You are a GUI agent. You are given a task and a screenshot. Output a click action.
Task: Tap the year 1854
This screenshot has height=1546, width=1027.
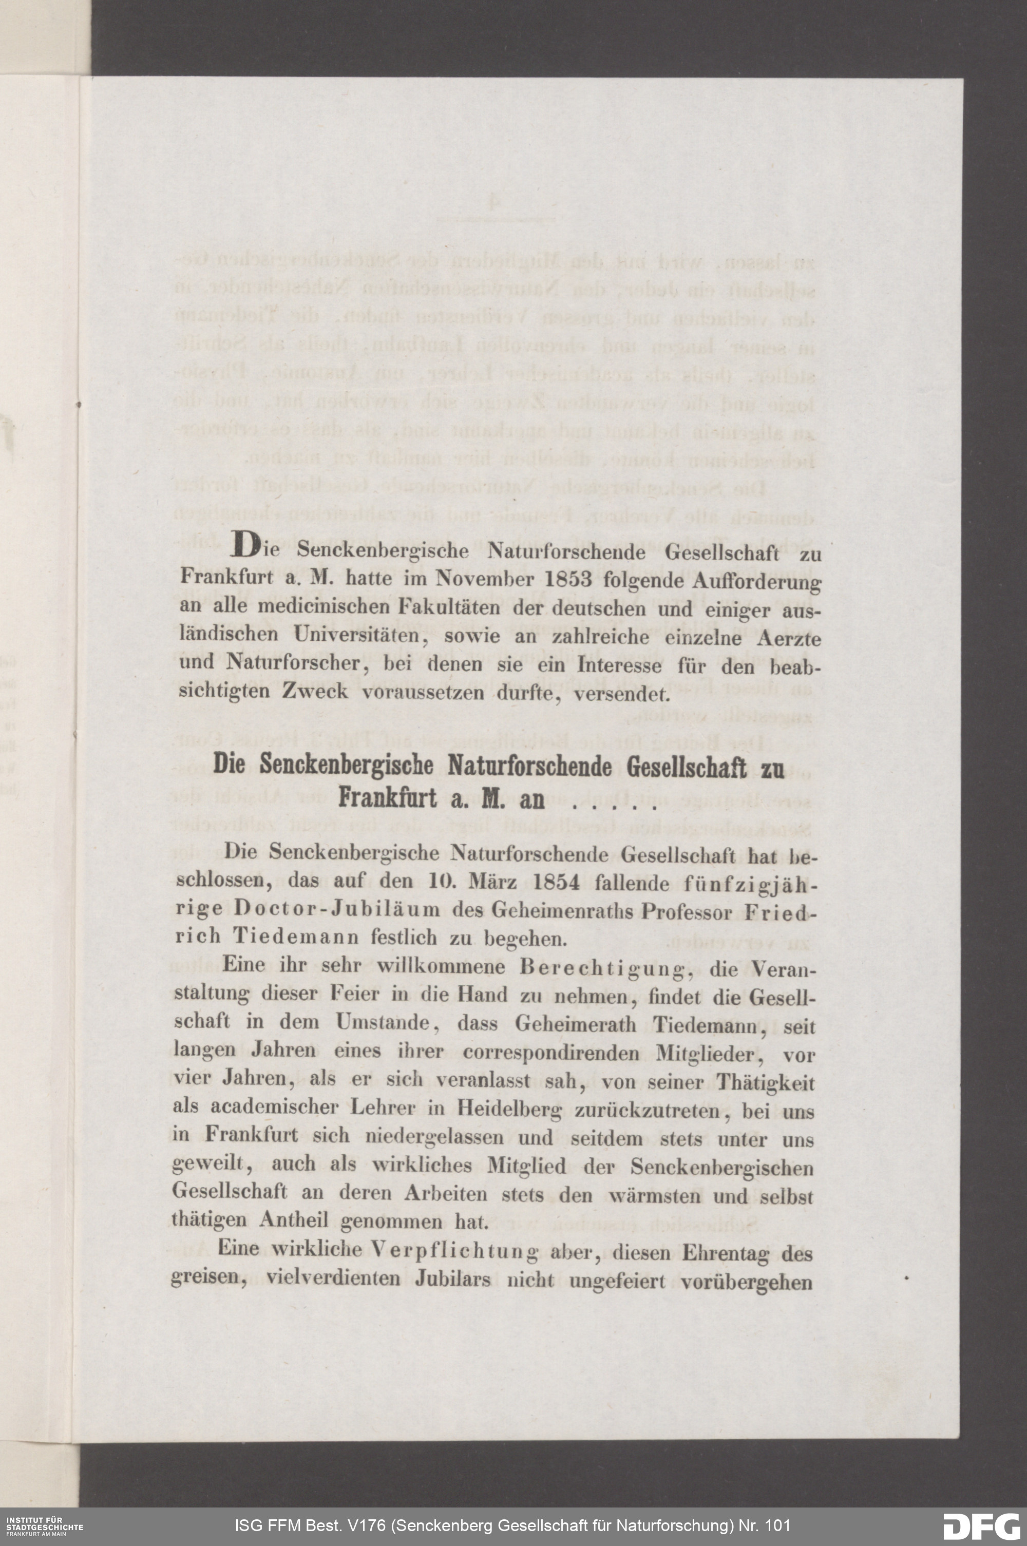pos(556,882)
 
